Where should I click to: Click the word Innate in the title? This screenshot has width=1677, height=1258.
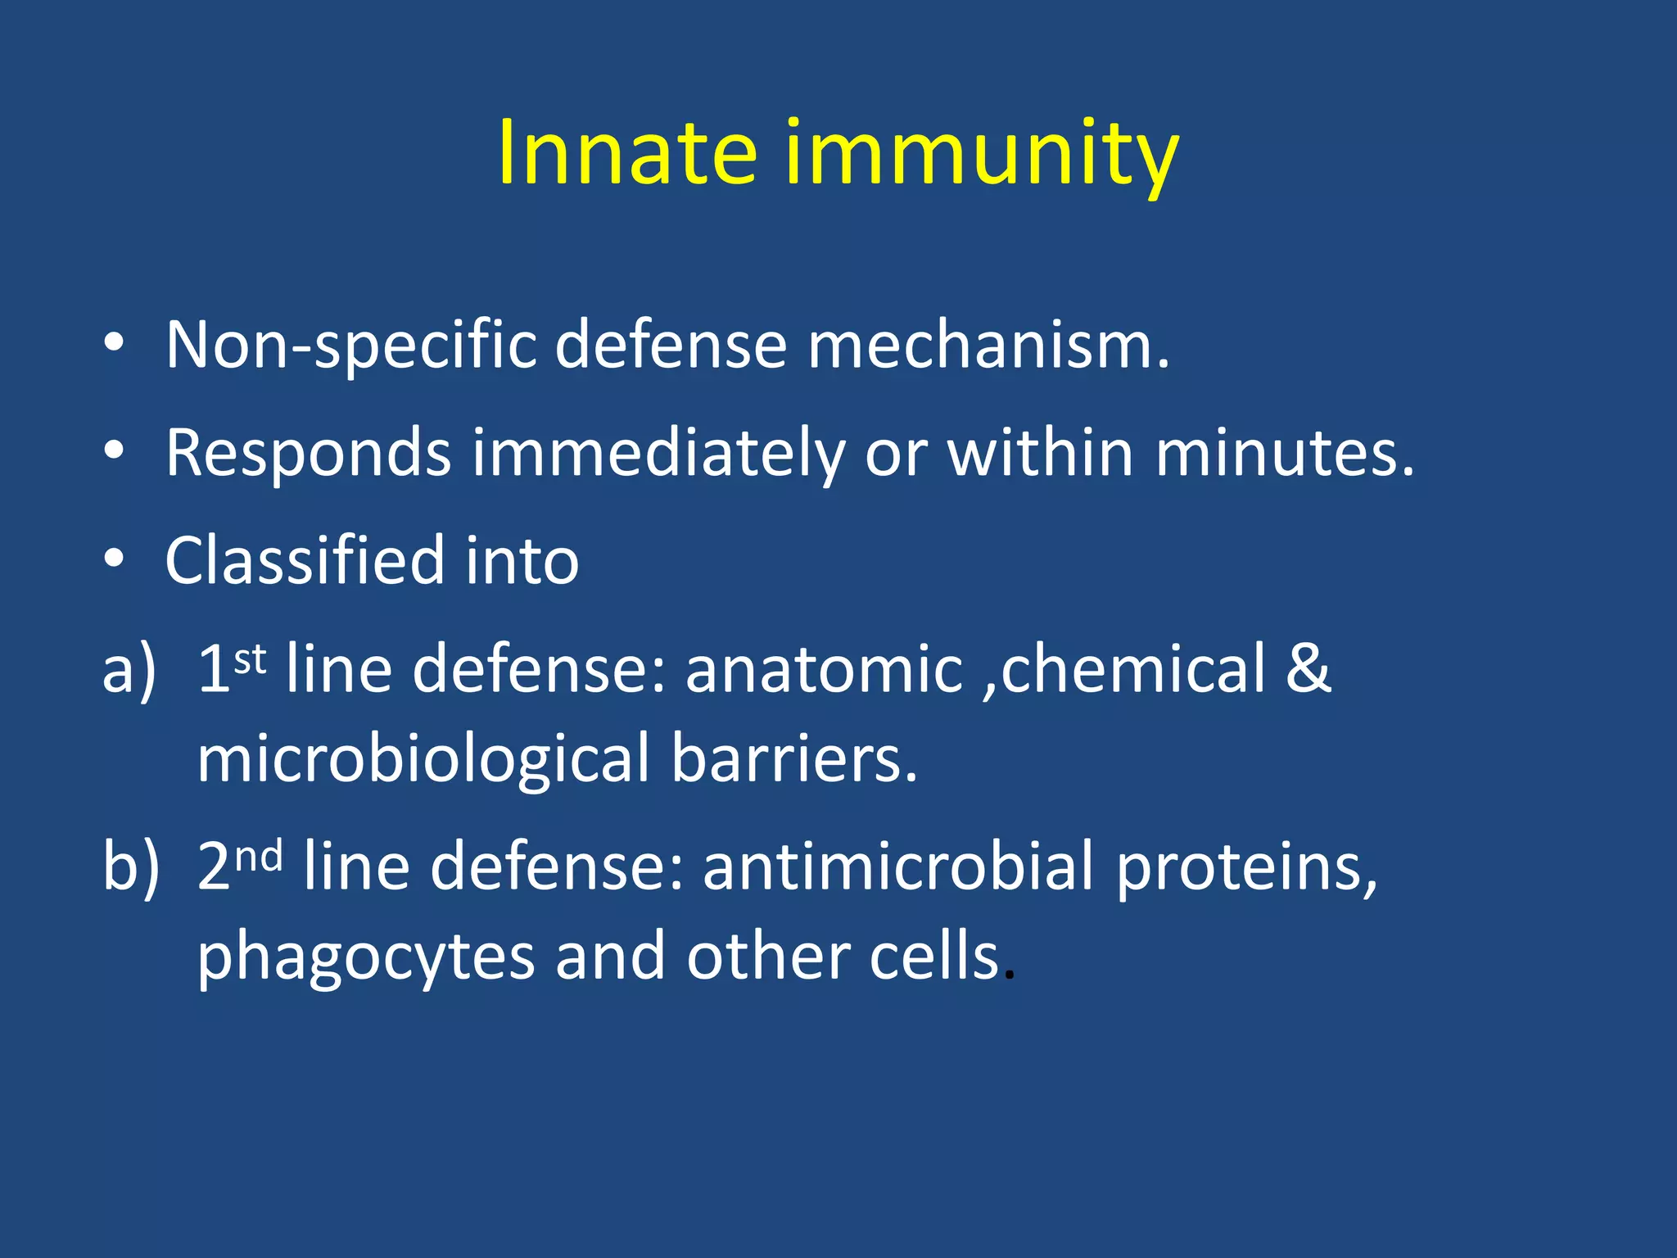tap(626, 153)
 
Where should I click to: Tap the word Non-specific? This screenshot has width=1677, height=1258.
tap(351, 346)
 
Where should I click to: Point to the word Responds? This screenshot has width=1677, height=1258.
tap(309, 453)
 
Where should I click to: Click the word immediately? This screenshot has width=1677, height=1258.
tap(658, 453)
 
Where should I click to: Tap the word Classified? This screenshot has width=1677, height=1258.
tap(304, 561)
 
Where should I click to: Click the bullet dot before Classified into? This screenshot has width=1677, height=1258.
tap(114, 558)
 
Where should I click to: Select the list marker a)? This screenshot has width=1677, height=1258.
tap(129, 670)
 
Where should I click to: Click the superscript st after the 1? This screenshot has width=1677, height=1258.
tap(251, 658)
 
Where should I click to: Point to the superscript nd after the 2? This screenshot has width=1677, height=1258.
tap(259, 856)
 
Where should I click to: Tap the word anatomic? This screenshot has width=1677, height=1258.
tap(824, 670)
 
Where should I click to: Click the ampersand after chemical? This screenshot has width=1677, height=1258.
tap(1308, 668)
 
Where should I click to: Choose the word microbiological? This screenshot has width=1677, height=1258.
tap(423, 759)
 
